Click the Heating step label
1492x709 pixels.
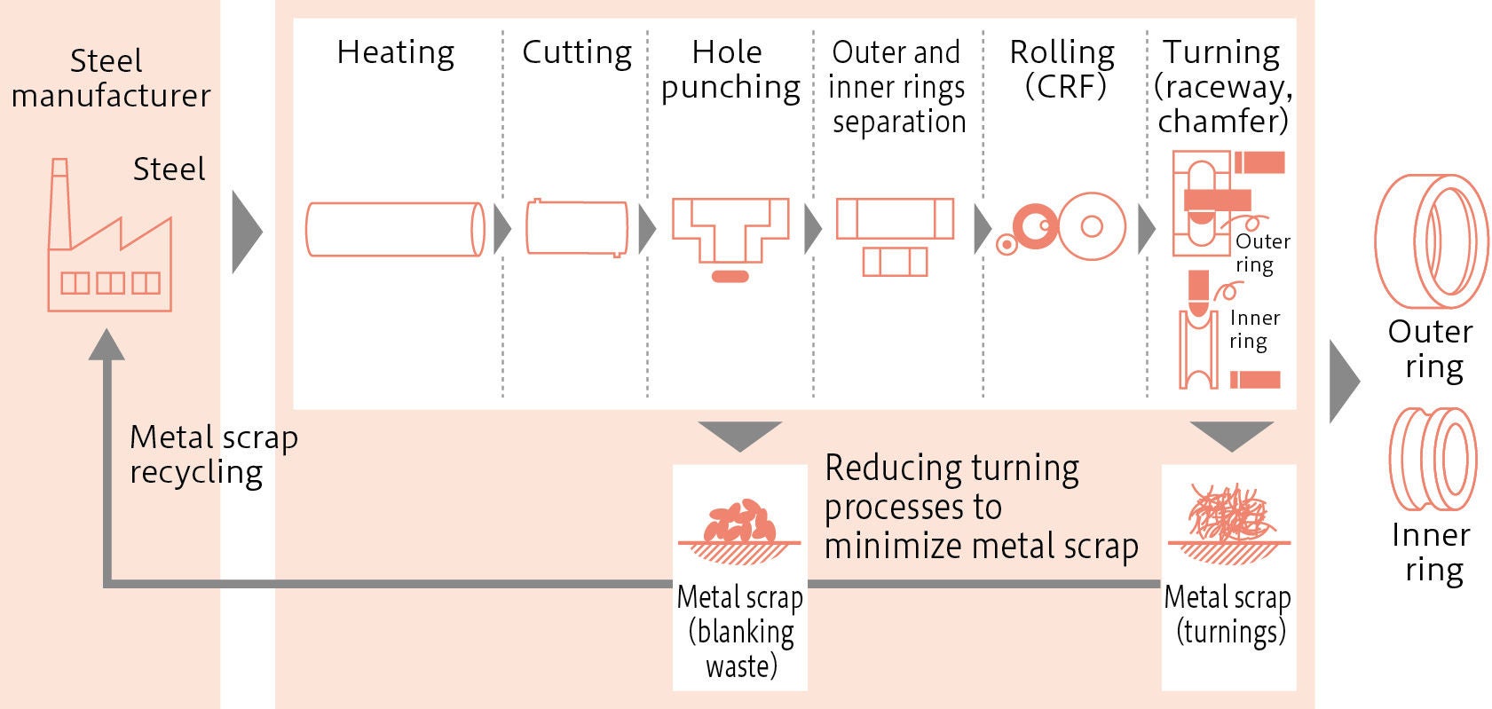pyautogui.click(x=395, y=52)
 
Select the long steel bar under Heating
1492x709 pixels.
pyautogui.click(x=395, y=230)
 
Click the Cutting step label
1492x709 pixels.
pyautogui.click(x=576, y=52)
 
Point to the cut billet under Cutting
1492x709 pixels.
pyautogui.click(x=576, y=227)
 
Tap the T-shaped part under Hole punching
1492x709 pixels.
pyautogui.click(x=730, y=227)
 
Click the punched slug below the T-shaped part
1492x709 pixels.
pyautogui.click(x=730, y=276)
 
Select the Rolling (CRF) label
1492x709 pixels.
pyautogui.click(x=1062, y=69)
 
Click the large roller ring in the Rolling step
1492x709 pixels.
pyautogui.click(x=1093, y=226)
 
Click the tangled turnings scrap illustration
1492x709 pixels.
pyautogui.click(x=1229, y=515)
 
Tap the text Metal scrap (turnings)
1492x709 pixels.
pyautogui.click(x=1228, y=614)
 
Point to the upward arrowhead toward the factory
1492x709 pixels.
pyautogui.click(x=107, y=345)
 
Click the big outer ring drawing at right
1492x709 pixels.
pyautogui.click(x=1430, y=240)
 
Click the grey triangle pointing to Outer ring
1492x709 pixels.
pyautogui.click(x=1343, y=382)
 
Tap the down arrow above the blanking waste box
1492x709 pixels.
pyautogui.click(x=739, y=435)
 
